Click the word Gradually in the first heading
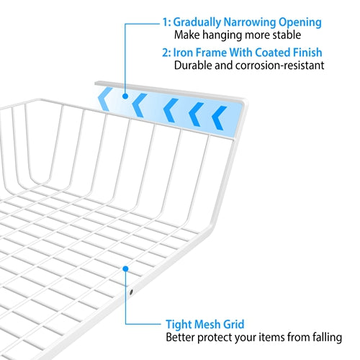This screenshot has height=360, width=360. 197,23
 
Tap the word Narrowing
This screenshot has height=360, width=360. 250,22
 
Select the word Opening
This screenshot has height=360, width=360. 300,23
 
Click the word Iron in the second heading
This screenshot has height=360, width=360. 183,53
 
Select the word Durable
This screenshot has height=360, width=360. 193,66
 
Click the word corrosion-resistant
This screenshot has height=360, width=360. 279,66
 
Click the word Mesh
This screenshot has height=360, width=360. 207,325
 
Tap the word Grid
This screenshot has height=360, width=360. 234,325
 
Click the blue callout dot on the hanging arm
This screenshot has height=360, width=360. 125,96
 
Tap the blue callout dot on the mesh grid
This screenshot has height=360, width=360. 125,269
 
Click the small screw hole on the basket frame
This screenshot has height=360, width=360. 131,292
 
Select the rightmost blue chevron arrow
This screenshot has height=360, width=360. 219,118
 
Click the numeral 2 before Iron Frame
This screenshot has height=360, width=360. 165,53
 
